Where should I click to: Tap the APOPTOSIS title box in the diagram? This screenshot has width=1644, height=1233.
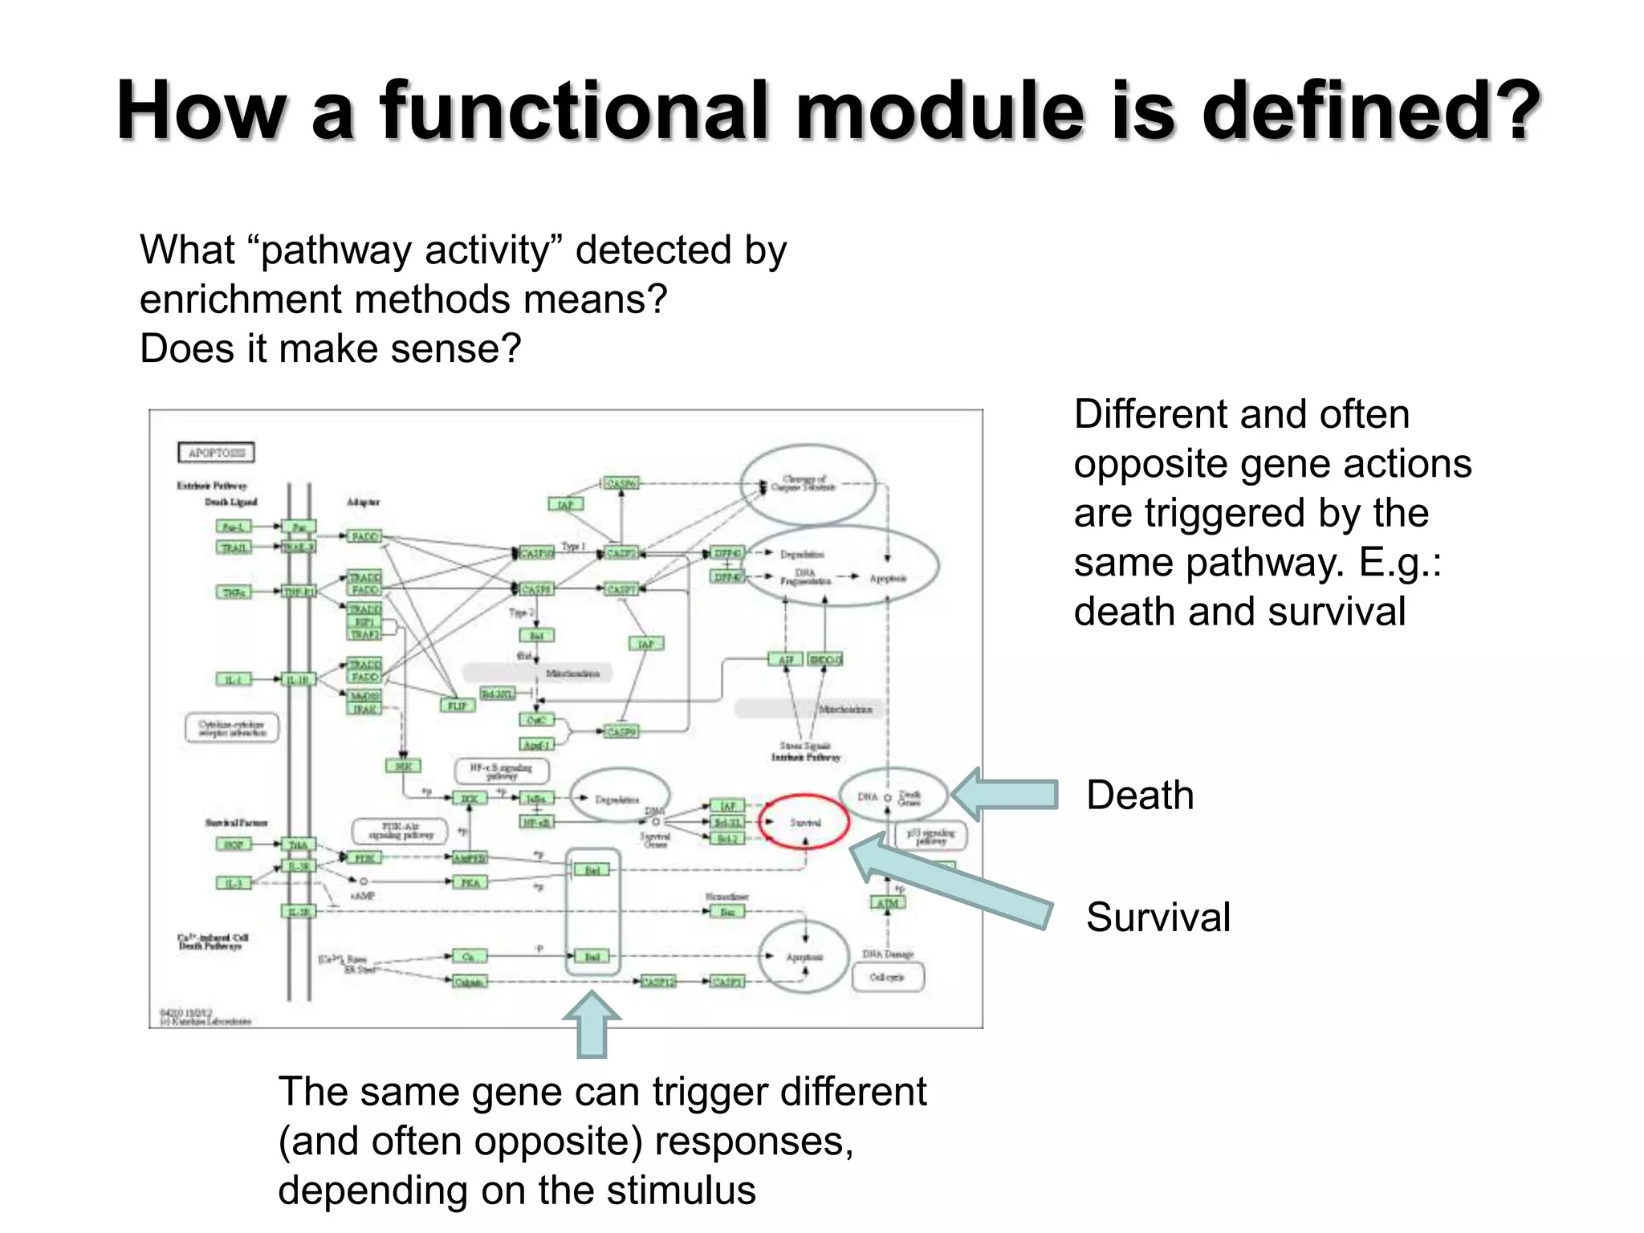coord(216,453)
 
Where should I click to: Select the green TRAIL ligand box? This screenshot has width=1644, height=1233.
coord(234,547)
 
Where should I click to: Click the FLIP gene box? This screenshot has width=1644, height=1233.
coord(458,706)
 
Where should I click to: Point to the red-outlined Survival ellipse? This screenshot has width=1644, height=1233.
coord(805,822)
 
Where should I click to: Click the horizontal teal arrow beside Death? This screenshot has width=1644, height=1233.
coord(1006,794)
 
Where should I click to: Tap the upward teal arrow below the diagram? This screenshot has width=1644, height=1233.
coord(592,1024)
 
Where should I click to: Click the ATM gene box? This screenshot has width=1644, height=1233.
coord(887,903)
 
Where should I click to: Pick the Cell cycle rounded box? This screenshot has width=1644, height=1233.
coord(887,977)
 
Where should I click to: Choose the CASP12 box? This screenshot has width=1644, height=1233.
coord(657,982)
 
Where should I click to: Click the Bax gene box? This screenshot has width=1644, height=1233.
coord(727,912)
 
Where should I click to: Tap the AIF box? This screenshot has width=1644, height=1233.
coord(786,660)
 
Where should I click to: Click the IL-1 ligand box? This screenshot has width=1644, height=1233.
coord(233,680)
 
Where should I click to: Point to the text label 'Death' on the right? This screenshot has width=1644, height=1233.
coord(1140,796)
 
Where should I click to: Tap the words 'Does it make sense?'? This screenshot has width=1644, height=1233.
coord(331,349)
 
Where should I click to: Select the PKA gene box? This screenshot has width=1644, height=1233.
coord(470,883)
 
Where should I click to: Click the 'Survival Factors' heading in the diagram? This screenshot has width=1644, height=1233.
coord(235,823)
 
